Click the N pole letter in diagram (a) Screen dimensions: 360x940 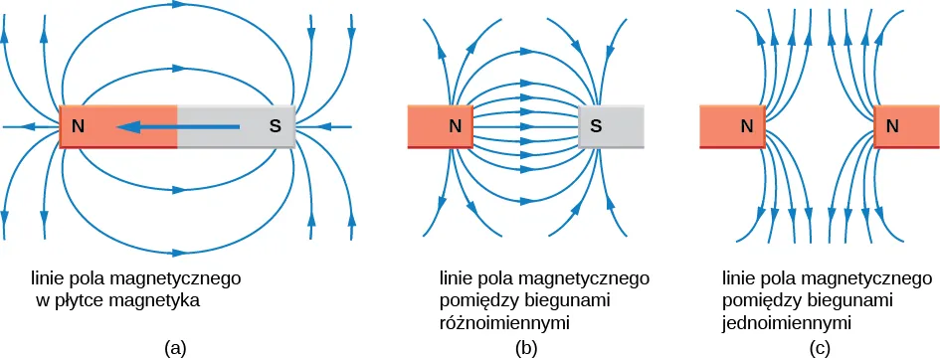click(x=77, y=127)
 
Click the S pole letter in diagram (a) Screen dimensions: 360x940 click(x=277, y=127)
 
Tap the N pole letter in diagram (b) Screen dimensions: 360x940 click(x=455, y=126)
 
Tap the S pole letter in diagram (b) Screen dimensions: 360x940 click(x=596, y=126)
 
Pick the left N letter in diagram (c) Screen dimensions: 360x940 click(x=747, y=126)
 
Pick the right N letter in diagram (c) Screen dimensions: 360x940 click(x=892, y=126)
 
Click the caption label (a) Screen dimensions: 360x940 click(x=175, y=347)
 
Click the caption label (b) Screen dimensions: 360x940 click(x=525, y=347)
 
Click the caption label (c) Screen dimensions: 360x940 click(x=820, y=347)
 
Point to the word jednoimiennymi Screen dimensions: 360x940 click(x=788, y=323)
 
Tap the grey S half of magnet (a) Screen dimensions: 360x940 click(x=236, y=127)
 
